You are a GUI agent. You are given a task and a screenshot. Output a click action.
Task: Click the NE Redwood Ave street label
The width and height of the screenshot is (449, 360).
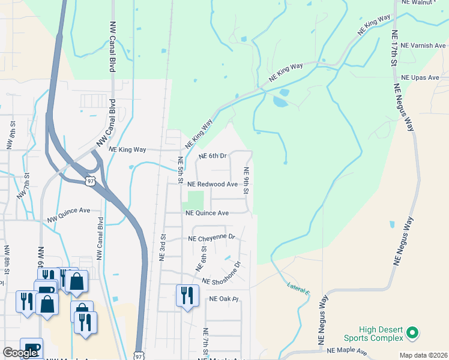click(212, 184)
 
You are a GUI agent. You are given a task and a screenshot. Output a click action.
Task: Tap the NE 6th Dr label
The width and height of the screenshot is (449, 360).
click(213, 156)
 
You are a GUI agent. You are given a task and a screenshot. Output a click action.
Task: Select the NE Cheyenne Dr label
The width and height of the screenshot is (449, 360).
click(212, 238)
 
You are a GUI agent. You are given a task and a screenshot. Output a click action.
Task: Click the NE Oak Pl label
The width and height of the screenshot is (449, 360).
click(224, 299)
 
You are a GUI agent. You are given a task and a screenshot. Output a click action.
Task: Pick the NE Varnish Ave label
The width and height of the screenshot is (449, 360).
click(423, 45)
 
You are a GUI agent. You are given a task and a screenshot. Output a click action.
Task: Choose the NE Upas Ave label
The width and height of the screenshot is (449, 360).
click(420, 77)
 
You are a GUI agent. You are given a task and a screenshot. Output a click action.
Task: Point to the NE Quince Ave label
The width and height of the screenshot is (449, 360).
click(207, 213)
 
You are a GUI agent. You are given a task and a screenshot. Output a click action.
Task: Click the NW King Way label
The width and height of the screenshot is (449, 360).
click(128, 150)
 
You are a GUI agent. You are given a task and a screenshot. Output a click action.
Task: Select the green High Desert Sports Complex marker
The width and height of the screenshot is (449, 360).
click(412, 331)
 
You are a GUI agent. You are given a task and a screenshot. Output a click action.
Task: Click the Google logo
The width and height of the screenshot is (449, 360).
click(20, 353)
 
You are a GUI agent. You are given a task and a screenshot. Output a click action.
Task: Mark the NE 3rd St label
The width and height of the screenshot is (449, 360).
click(162, 247)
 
